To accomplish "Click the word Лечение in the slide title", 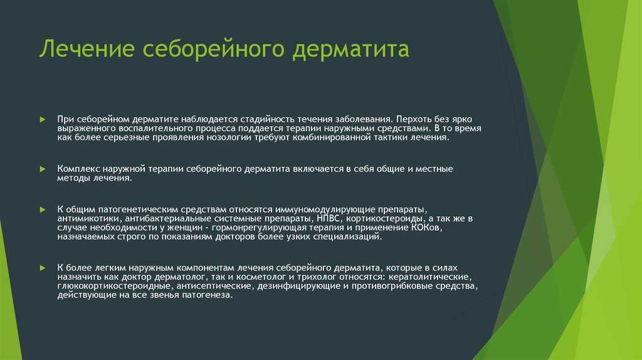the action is [x=87, y=48].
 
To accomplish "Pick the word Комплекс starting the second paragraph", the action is [x=78, y=169].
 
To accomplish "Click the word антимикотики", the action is [x=88, y=219].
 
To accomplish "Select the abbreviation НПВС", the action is [x=328, y=218].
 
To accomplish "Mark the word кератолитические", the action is [x=428, y=277].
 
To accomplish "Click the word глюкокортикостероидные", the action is [x=114, y=286].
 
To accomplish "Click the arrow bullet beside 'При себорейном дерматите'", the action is [x=43, y=120].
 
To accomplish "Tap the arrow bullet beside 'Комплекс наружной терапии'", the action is [x=43, y=169].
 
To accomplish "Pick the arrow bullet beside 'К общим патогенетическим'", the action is [x=43, y=209].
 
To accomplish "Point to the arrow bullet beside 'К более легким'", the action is [x=43, y=268].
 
